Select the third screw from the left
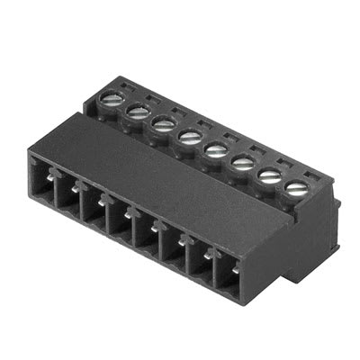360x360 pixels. (x=163, y=122)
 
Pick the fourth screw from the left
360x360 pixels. (x=190, y=136)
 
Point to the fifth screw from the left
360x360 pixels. (x=216, y=149)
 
